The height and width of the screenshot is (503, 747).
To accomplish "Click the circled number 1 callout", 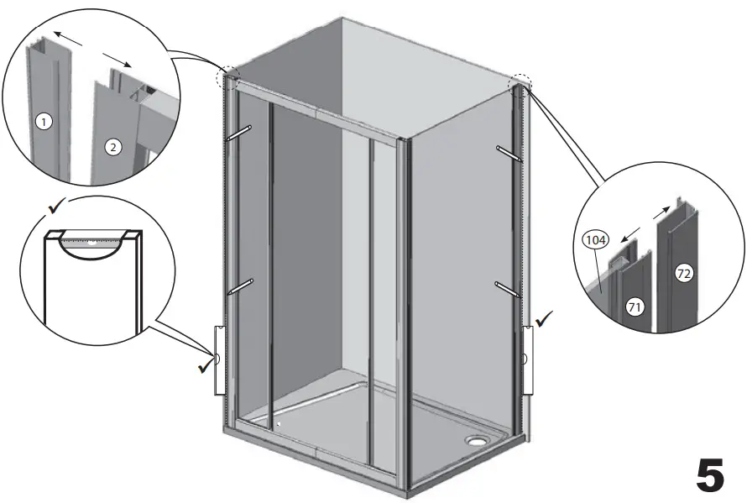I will pyautogui.click(x=44, y=122).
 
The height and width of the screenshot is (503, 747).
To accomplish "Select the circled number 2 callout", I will pyautogui.click(x=113, y=147).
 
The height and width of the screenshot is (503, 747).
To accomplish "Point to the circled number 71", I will pyautogui.click(x=635, y=308).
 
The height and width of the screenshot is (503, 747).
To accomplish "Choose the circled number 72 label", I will pyautogui.click(x=685, y=275).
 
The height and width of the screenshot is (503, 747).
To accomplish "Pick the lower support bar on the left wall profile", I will pyautogui.click(x=238, y=287).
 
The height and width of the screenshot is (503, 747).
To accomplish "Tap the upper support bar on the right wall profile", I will pyautogui.click(x=509, y=154).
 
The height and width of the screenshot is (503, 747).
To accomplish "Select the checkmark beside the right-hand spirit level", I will pyautogui.click(x=545, y=319).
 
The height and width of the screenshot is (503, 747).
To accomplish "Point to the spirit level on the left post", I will pyautogui.click(x=219, y=359).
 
